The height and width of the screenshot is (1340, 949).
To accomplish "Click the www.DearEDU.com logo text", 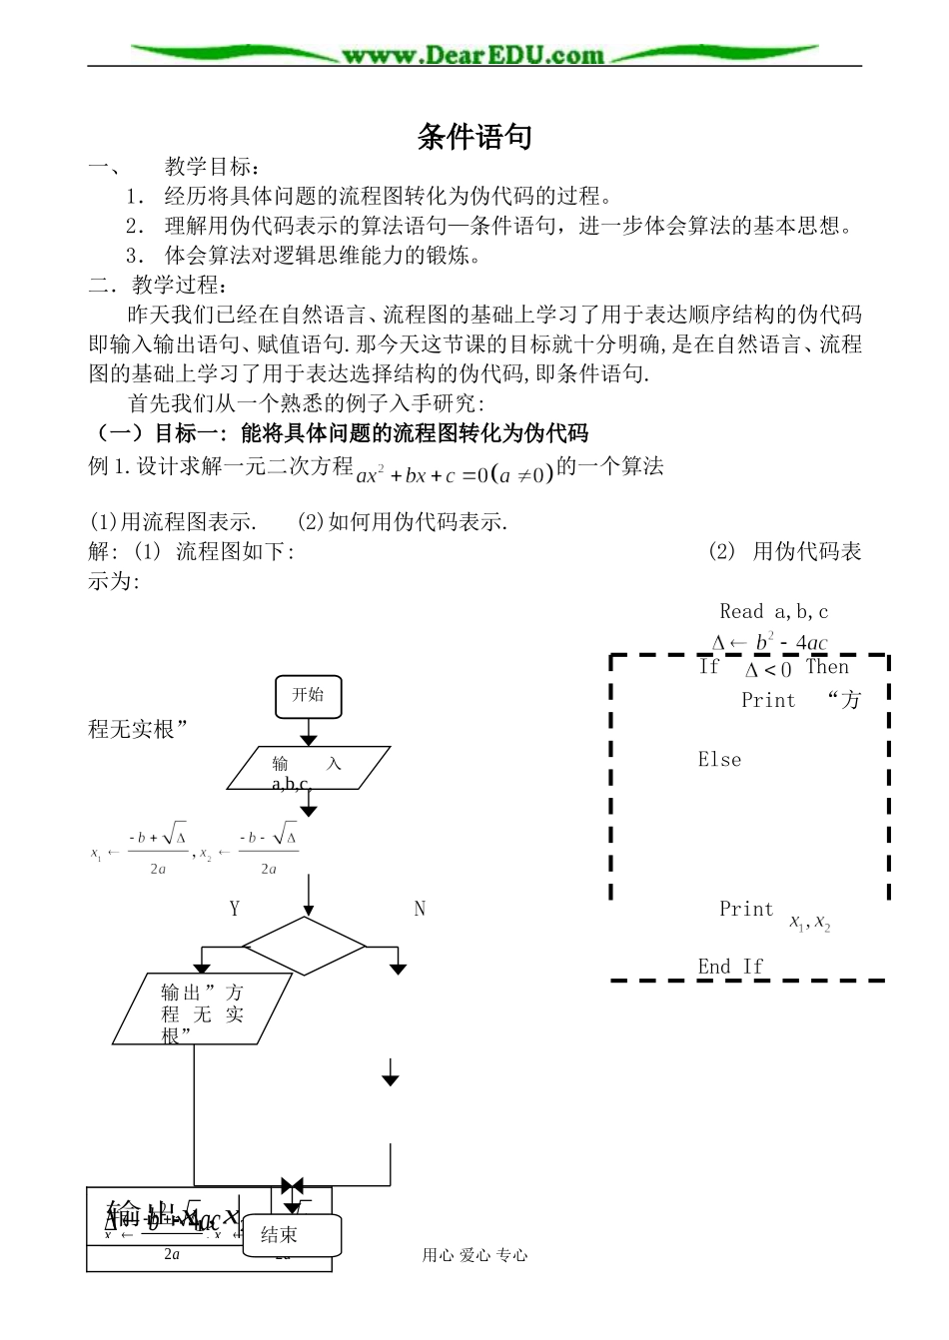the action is pos(474,56).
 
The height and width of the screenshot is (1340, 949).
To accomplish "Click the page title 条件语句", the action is pos(474,137).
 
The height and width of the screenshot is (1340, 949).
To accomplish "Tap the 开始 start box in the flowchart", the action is pos(308,695).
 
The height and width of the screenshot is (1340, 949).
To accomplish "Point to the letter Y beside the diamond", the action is pos(234,909).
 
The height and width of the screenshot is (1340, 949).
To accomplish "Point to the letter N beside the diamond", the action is pos(420,909).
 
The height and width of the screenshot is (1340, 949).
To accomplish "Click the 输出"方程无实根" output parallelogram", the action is pos(203,1010).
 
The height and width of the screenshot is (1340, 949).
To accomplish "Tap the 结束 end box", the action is pos(294,1235).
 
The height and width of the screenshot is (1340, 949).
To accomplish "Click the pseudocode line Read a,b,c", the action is pos(773,611).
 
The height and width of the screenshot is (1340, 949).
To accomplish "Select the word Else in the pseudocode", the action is pos(719,760).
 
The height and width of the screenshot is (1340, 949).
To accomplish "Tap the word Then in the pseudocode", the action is pos(827,667).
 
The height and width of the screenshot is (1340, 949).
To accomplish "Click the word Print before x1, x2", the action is pos(746,910).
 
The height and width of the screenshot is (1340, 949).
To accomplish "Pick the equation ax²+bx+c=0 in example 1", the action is pos(455,473).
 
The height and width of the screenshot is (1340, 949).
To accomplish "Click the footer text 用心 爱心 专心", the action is pos(474,1255).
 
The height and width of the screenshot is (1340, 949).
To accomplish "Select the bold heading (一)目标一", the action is pos(340,432).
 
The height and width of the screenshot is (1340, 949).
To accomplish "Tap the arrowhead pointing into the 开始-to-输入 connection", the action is pos(309,739).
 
